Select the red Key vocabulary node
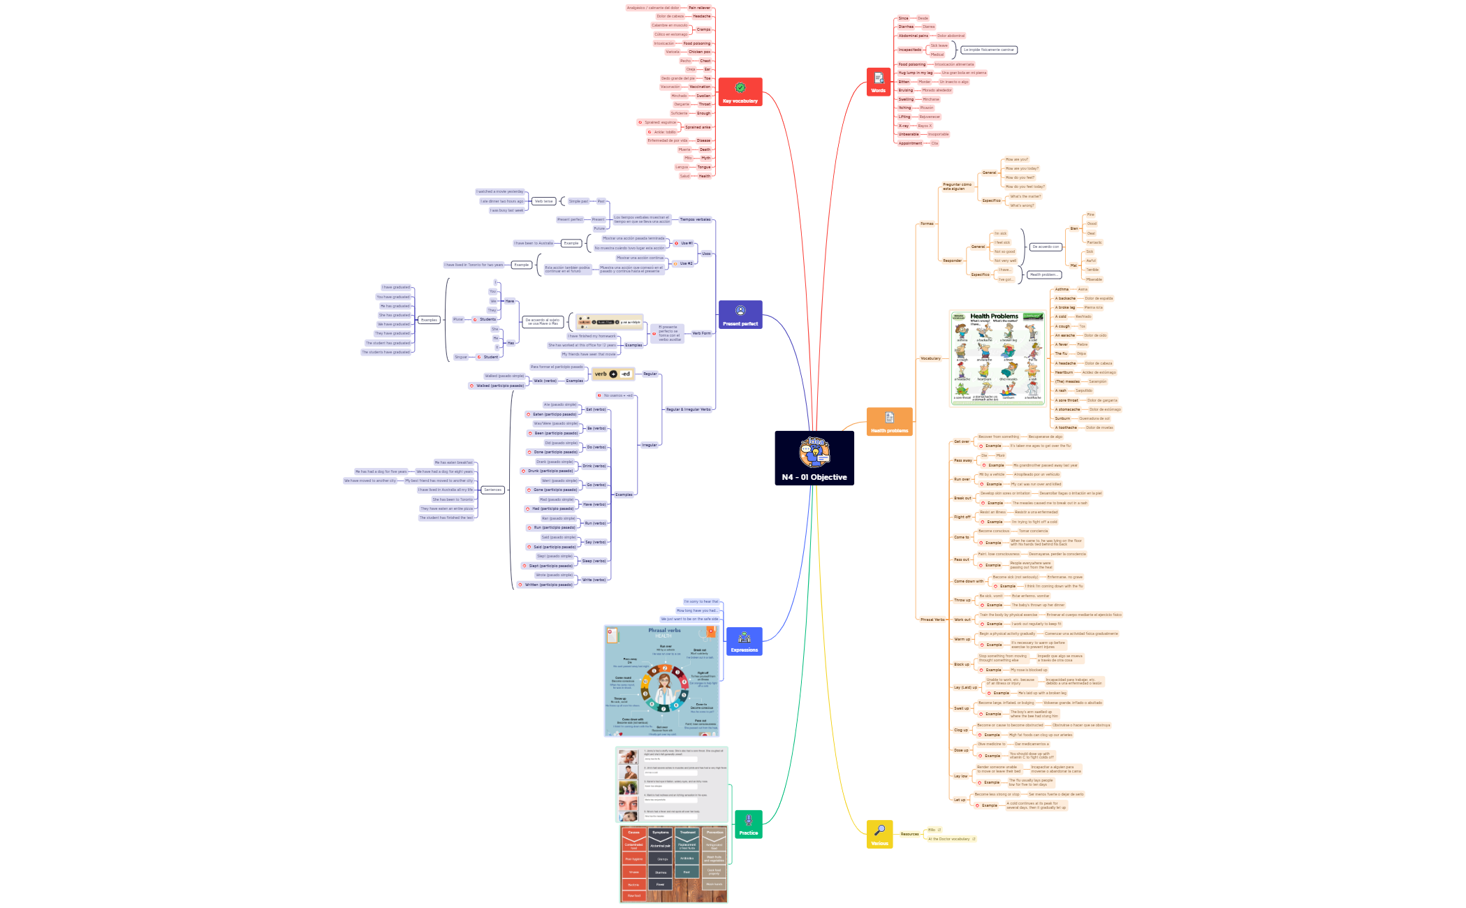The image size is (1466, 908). click(x=740, y=91)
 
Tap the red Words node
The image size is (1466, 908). click(x=878, y=82)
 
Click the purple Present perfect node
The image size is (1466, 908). click(x=740, y=314)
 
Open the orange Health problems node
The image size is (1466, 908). click(x=889, y=421)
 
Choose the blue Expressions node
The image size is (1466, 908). click(x=744, y=640)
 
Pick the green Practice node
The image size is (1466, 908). click(x=748, y=823)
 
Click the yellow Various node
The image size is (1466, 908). click(x=879, y=834)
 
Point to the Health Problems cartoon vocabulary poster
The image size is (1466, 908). click(x=998, y=358)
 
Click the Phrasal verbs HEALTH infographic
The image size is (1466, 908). click(x=661, y=680)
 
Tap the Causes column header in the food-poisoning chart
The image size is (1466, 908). click(x=633, y=833)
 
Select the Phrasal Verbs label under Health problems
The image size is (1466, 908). click(x=932, y=620)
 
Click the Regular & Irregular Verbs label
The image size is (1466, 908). click(x=688, y=409)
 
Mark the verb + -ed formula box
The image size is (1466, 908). click(x=613, y=374)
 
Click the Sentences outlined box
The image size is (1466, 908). click(x=492, y=490)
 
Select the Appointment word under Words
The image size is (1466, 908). click(x=910, y=143)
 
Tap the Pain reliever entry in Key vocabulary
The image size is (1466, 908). click(x=698, y=8)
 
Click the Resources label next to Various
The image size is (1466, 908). click(x=909, y=834)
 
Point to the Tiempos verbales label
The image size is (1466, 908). click(x=695, y=219)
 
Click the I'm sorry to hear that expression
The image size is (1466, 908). click(x=701, y=601)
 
